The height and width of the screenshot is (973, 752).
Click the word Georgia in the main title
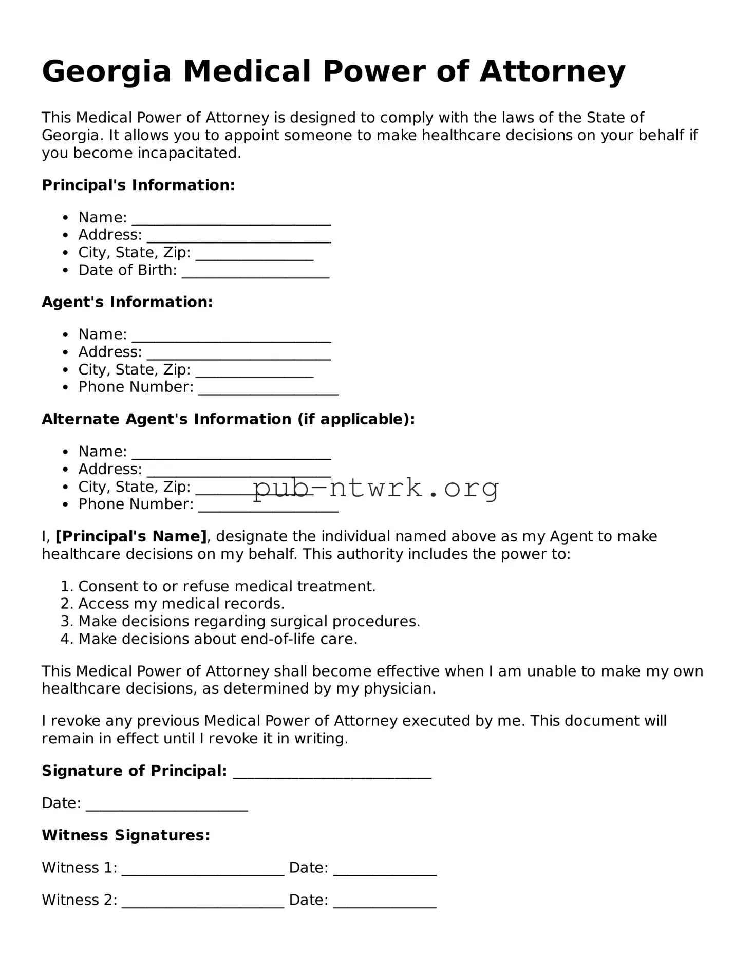[x=106, y=71]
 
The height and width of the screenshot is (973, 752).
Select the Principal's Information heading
[x=138, y=185]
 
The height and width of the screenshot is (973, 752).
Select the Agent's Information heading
[x=127, y=302]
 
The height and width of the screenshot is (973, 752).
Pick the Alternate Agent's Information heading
[x=228, y=419]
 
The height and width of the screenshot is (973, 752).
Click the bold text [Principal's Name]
[x=131, y=536]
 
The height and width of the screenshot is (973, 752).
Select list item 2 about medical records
[x=181, y=604]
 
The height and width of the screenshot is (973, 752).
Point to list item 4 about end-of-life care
[x=217, y=639]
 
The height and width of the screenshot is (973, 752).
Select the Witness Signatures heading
[x=126, y=835]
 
